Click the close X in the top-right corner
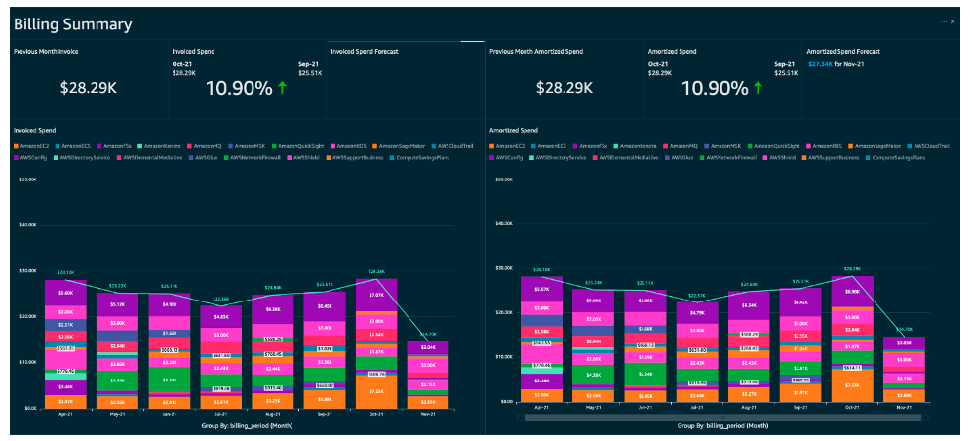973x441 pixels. click(x=954, y=20)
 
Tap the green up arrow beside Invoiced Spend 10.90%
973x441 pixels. click(x=283, y=88)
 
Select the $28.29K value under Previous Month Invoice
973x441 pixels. click(x=88, y=88)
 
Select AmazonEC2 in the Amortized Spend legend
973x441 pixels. click(x=512, y=145)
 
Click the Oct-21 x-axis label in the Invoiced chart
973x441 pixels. click(x=375, y=413)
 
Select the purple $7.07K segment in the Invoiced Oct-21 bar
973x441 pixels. click(x=376, y=294)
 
